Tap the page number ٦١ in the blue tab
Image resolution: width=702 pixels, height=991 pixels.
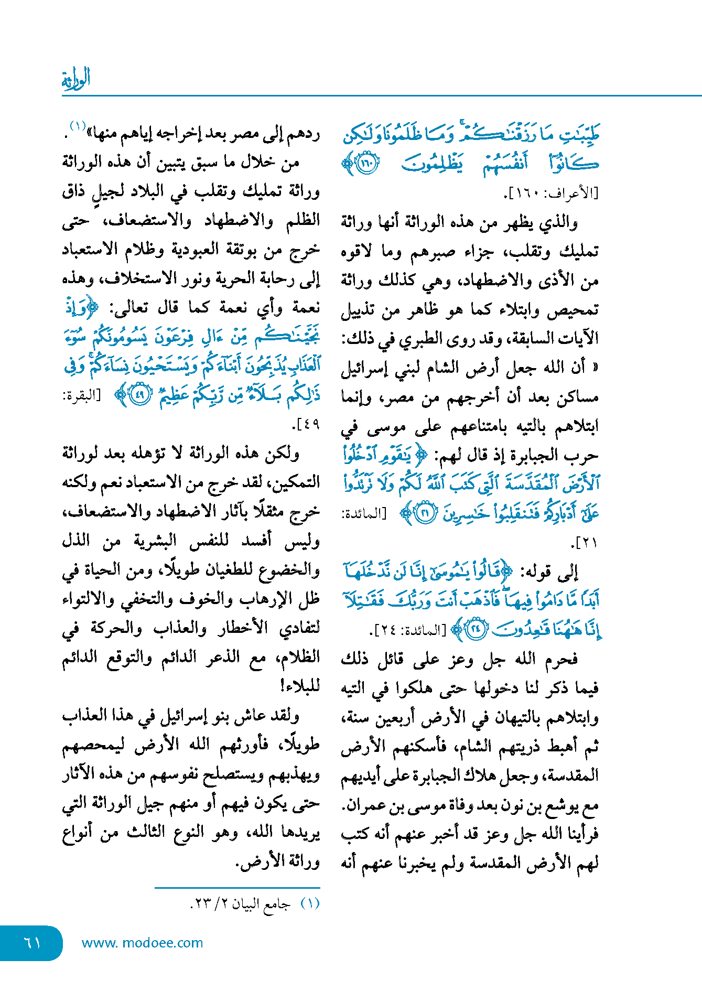(32, 943)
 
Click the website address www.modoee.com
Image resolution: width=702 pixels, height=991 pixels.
(142, 943)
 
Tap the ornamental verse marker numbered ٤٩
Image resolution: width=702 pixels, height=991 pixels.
(139, 395)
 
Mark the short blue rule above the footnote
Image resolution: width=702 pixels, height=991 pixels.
(237, 888)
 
